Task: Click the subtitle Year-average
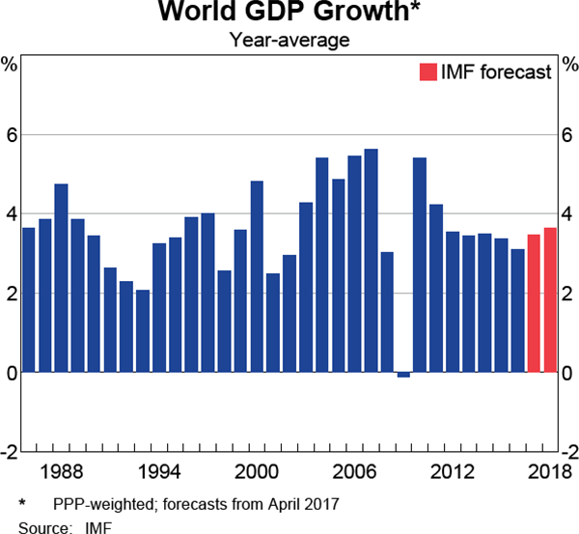[x=289, y=41]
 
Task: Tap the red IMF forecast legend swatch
[x=427, y=71]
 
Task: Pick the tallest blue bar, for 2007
[x=371, y=260]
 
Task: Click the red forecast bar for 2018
[x=550, y=299]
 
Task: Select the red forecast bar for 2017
[x=534, y=303]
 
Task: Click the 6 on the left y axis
[x=11, y=135]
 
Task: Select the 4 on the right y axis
[x=568, y=214]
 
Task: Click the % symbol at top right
[x=568, y=66]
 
